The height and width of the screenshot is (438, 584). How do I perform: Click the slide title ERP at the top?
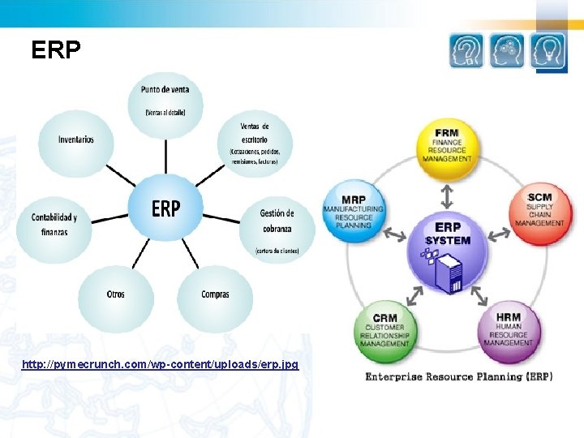coord(56,51)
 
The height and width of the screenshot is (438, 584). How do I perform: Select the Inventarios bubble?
coord(75,140)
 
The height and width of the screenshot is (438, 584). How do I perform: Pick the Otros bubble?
coord(116,295)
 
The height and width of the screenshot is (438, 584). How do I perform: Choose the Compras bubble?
coord(215,295)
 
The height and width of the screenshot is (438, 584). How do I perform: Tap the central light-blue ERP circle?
coord(165,208)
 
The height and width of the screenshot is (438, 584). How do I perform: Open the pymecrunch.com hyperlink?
coord(160,365)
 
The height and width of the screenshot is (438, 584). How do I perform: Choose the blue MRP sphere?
coord(353,212)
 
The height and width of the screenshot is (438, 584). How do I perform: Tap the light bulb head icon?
coord(548,50)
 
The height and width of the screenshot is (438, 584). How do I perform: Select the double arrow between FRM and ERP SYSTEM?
coord(446,195)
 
